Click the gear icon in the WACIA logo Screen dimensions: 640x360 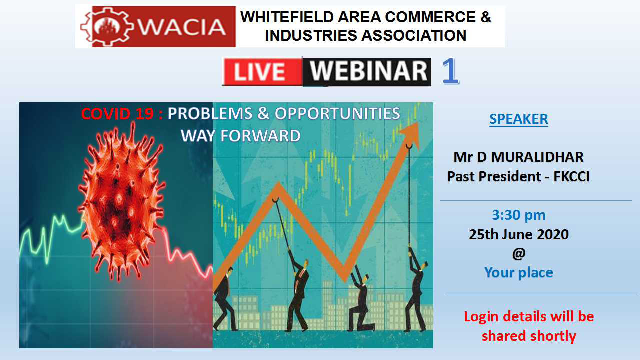pos(107,27)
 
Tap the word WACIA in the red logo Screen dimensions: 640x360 pos(182,27)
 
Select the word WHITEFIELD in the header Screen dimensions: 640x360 pos(287,17)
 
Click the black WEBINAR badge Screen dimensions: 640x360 pos(367,71)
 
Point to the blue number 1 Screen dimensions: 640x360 pos(450,71)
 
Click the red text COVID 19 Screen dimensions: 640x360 pos(117,113)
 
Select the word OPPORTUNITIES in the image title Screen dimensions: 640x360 pos(337,113)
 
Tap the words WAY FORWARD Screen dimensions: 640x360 pos(241,136)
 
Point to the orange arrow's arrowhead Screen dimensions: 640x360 pos(410,135)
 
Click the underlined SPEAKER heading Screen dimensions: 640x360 pos(519,119)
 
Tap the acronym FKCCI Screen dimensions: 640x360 pos(571,177)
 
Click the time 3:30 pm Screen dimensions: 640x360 pos(519,215)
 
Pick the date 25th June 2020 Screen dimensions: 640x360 pos(519,234)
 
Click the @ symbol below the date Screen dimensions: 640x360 pos(519,253)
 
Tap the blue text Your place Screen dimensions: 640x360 pos(519,273)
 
